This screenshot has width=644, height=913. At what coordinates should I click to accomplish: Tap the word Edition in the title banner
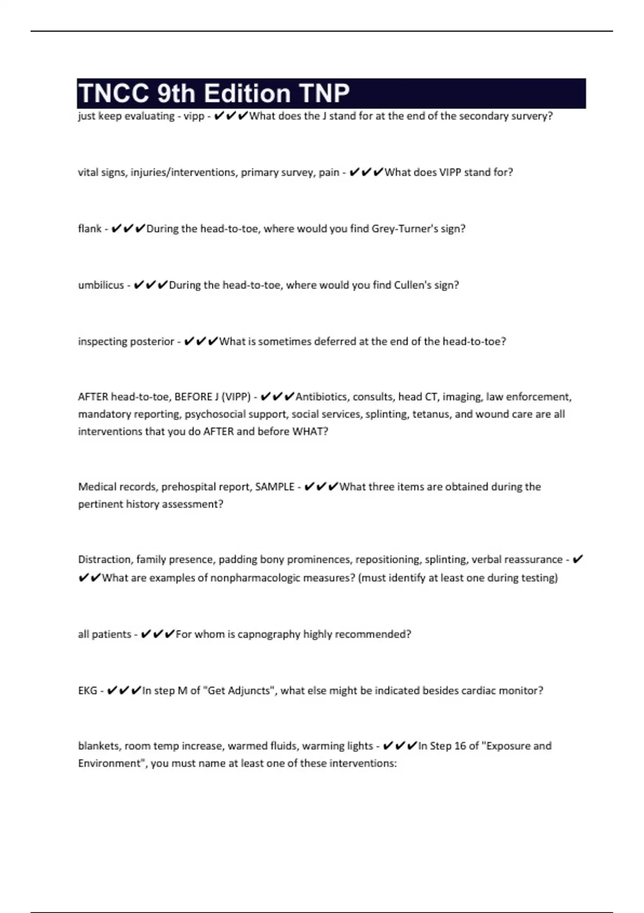[x=247, y=93]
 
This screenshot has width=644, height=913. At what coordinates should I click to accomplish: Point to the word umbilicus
[x=101, y=285]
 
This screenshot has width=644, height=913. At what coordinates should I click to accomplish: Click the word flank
[x=90, y=229]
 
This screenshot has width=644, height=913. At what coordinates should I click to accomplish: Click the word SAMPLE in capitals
[x=274, y=487]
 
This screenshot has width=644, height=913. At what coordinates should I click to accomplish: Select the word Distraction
[x=104, y=560]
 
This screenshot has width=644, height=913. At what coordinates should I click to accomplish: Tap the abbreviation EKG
[x=87, y=691]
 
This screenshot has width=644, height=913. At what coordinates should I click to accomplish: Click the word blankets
[x=99, y=746]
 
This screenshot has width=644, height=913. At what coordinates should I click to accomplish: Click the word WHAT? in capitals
[x=310, y=431]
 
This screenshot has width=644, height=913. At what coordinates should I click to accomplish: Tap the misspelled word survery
[x=532, y=116]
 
